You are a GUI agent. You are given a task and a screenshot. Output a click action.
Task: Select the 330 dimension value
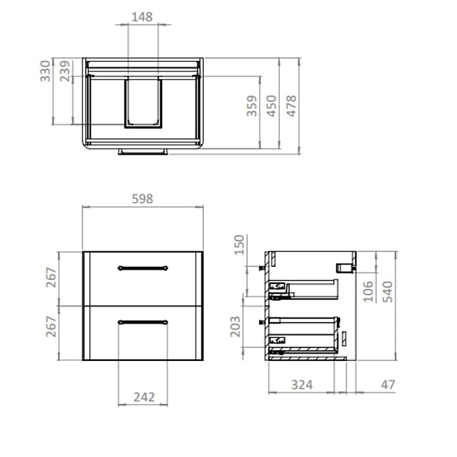(x=44, y=71)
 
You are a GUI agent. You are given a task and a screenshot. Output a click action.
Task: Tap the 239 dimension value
(x=65, y=71)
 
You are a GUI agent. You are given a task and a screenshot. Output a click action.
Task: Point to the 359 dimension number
(x=252, y=106)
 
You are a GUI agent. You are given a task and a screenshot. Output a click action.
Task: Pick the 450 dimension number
(x=272, y=106)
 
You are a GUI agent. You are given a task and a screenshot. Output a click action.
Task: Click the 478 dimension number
(x=291, y=106)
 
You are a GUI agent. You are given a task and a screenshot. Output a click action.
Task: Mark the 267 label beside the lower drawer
(x=51, y=332)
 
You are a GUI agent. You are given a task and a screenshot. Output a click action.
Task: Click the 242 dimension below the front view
(x=142, y=396)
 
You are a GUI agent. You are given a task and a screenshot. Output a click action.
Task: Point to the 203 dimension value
(x=236, y=326)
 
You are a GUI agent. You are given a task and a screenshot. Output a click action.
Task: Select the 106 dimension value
(x=368, y=291)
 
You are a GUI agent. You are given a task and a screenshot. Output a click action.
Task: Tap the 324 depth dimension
(x=302, y=385)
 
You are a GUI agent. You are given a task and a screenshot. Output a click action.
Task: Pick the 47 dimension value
(x=388, y=385)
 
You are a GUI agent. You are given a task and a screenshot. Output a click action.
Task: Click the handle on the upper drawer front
(x=142, y=268)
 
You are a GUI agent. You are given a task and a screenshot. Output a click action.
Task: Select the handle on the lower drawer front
(x=142, y=321)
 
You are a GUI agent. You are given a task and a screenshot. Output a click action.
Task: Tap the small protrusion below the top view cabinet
(x=142, y=151)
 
